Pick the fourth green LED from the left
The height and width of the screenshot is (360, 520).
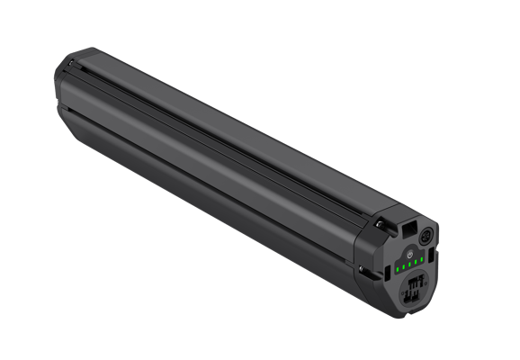[x=416, y=262]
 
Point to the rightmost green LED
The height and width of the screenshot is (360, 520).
[x=421, y=259]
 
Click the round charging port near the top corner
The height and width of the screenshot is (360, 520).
[x=426, y=237]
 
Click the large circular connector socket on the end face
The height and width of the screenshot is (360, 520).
[x=414, y=290]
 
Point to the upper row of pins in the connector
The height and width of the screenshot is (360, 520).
[x=416, y=282]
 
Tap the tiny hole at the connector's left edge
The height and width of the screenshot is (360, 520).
[x=402, y=293]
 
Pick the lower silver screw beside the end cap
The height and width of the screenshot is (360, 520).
[x=362, y=269]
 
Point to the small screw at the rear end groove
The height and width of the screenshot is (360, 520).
[x=70, y=62]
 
